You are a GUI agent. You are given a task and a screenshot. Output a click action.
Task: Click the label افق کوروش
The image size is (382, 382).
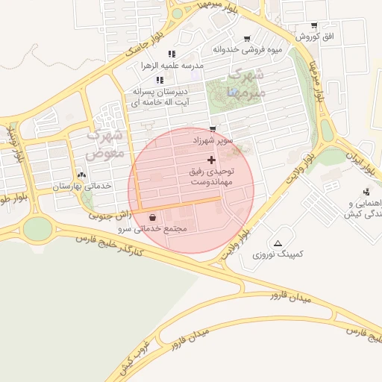[318, 37]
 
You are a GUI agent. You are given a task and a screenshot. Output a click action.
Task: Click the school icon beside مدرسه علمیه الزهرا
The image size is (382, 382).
[172, 54]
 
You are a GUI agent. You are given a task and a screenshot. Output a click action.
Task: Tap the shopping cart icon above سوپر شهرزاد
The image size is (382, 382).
[213, 129]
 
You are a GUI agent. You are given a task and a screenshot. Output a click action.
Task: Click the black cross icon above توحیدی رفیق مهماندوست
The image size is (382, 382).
[212, 160]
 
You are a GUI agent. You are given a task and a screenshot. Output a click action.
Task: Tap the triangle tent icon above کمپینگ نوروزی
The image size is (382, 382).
[278, 243]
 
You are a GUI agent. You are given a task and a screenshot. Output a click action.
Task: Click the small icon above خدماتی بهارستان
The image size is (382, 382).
[81, 175]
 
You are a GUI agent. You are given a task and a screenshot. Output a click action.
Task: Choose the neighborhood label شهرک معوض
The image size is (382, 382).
[102, 145]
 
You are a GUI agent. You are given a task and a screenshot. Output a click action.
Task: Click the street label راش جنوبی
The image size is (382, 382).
[110, 215]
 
